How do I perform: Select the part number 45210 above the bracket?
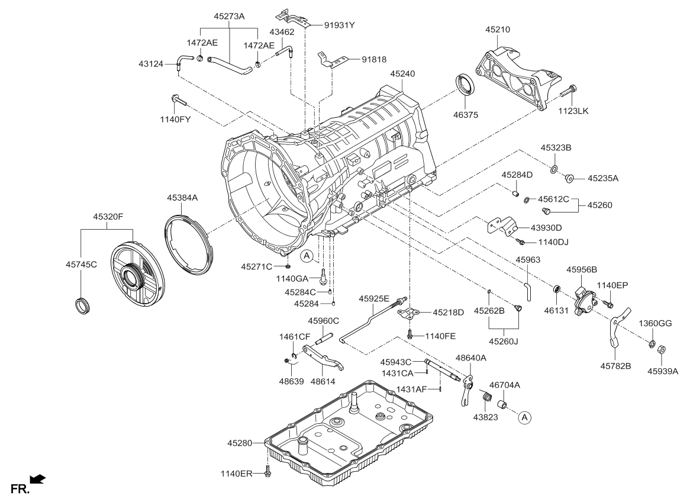tap(498, 29)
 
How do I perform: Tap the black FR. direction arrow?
tap(37, 479)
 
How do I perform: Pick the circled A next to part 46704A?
tap(524, 418)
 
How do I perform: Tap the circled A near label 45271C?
tap(306, 256)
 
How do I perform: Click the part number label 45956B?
tap(582, 269)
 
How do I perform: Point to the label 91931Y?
tap(340, 25)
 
